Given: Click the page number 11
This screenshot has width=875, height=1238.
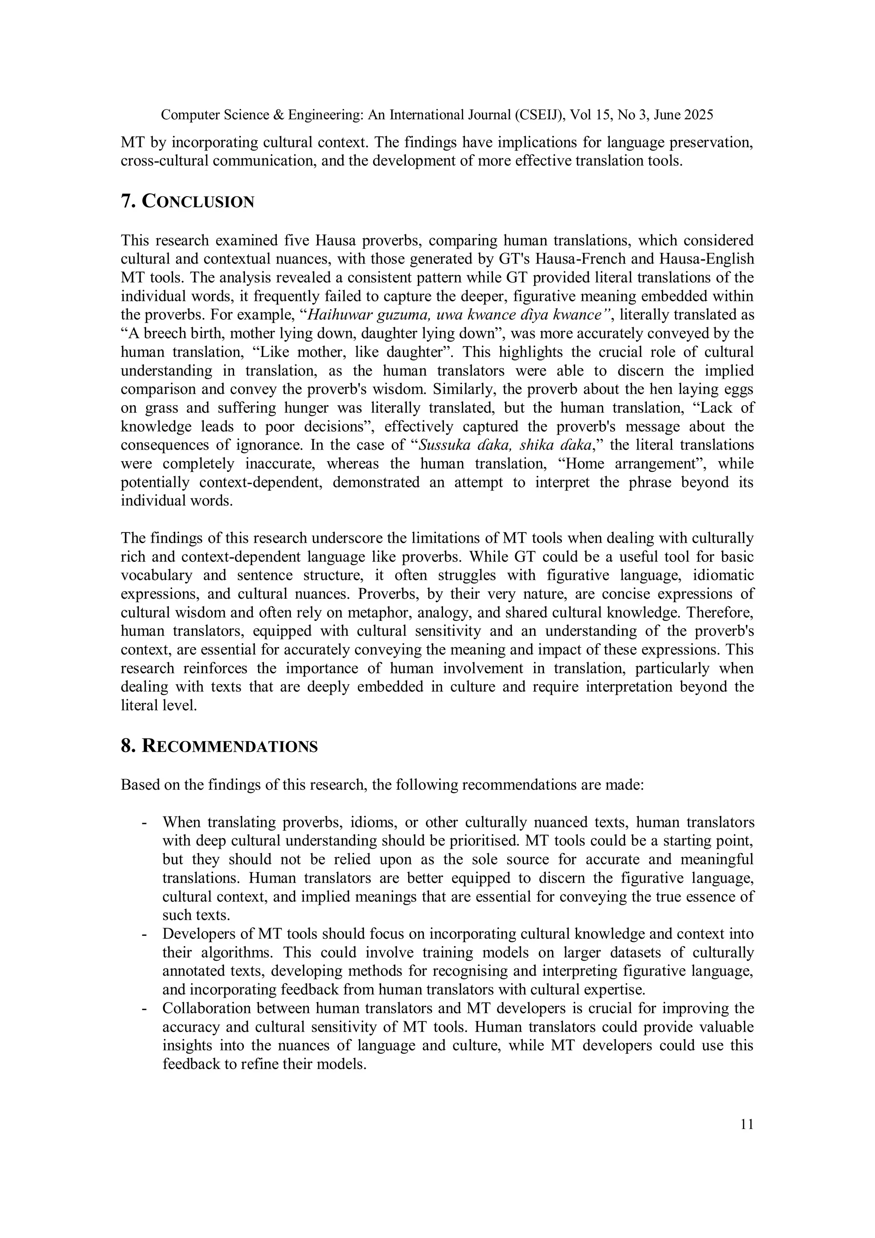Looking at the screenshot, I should (747, 1124).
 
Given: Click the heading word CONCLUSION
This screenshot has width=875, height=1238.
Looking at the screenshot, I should (198, 202).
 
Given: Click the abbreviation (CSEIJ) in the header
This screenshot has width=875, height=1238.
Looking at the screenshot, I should (539, 115).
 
